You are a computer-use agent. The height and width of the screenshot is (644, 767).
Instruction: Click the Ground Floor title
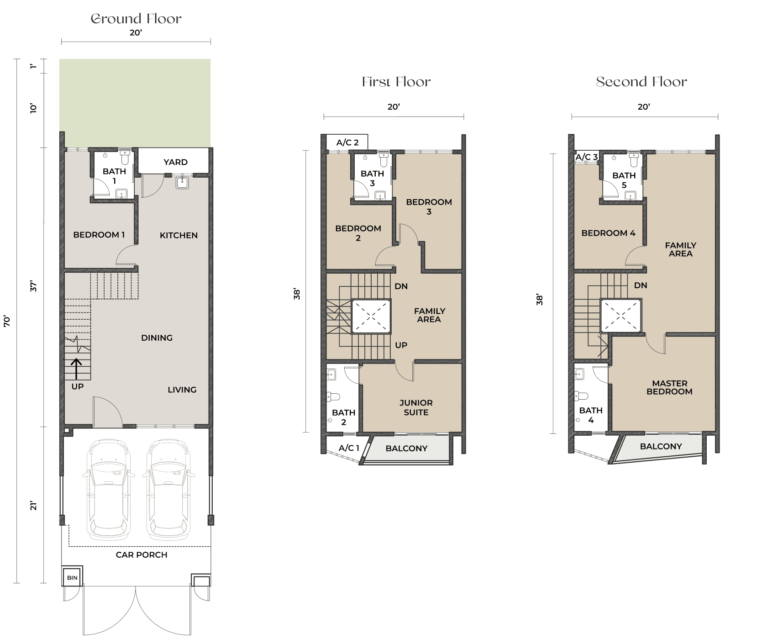pyautogui.click(x=136, y=19)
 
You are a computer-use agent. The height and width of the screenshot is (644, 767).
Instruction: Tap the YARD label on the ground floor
pyautogui.click(x=175, y=162)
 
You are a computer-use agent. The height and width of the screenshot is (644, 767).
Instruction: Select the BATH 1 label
pyautogui.click(x=114, y=176)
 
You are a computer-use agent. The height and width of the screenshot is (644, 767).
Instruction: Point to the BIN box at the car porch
pyautogui.click(x=72, y=578)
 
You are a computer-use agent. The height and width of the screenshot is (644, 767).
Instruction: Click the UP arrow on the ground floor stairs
pyautogui.click(x=76, y=369)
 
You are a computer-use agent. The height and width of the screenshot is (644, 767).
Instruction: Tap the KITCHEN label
pyautogui.click(x=179, y=235)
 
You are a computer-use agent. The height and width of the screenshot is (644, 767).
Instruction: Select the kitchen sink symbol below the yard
pyautogui.click(x=182, y=183)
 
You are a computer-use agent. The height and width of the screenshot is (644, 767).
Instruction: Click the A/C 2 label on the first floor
pyautogui.click(x=347, y=143)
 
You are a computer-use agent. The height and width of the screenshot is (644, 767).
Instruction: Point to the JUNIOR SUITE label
pyautogui.click(x=416, y=407)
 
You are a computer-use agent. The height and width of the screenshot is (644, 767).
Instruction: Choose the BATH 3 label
pyautogui.click(x=372, y=178)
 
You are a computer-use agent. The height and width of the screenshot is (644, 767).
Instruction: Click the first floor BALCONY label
pyautogui.click(x=406, y=449)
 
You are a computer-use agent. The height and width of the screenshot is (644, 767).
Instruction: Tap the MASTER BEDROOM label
pyautogui.click(x=669, y=387)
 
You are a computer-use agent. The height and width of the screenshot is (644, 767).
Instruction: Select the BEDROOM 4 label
pyautogui.click(x=608, y=233)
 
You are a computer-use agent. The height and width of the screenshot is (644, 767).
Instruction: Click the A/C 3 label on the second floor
pyautogui.click(x=586, y=157)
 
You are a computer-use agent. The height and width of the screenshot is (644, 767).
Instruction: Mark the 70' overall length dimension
pyautogui.click(x=7, y=321)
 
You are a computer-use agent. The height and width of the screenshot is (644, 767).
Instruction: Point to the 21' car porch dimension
pyautogui.click(x=33, y=506)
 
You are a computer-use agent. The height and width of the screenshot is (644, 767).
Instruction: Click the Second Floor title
pyautogui.click(x=641, y=82)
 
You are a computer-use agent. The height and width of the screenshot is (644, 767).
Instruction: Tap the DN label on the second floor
pyautogui.click(x=641, y=285)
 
